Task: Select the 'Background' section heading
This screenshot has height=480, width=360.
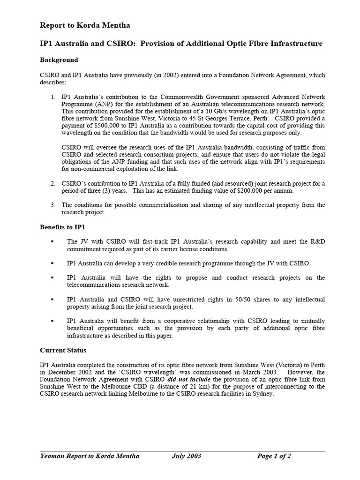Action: tap(59, 60)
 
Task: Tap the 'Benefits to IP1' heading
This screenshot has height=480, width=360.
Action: tap(62, 227)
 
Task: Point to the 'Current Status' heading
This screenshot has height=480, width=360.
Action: tap(63, 350)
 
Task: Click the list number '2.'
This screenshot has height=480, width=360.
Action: tap(53, 183)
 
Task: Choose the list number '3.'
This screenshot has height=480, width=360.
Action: tap(53, 205)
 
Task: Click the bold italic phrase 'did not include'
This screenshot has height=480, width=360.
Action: tap(189, 379)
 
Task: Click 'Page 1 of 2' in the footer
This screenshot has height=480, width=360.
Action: tap(274, 456)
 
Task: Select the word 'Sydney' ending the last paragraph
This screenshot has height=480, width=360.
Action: tap(262, 394)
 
